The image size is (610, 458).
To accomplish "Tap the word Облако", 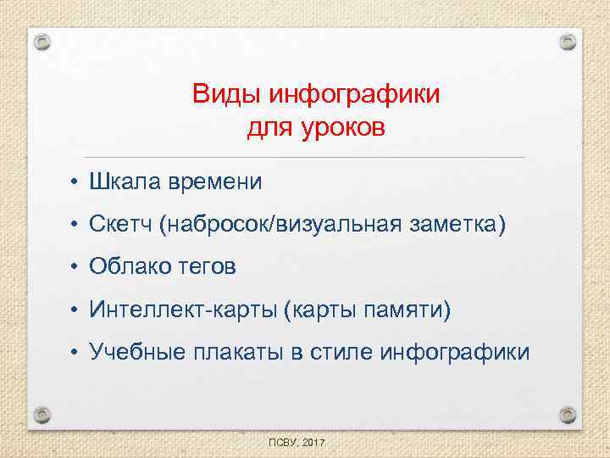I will click(x=131, y=267).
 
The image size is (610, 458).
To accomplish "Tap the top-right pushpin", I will click(x=568, y=41).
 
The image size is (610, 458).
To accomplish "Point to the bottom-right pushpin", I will click(x=568, y=415).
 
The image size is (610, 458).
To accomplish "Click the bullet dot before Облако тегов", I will click(x=75, y=268).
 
